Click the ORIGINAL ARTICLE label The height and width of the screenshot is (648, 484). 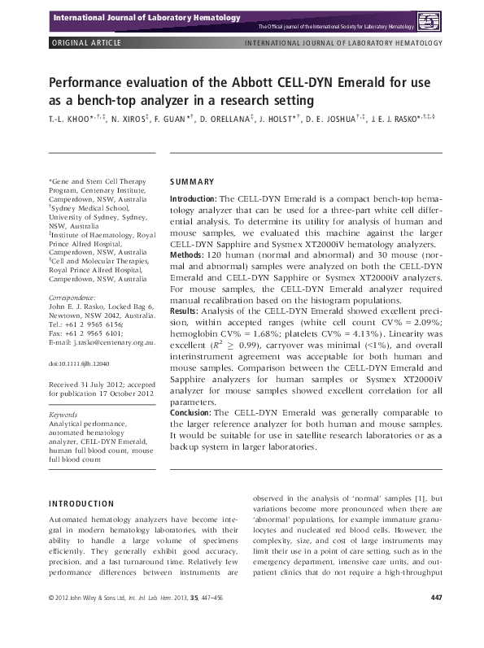pos(85,43)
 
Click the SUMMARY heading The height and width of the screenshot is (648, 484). pos(192,181)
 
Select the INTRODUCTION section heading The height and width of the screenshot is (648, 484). pos(82,503)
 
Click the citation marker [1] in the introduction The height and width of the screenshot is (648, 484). pos(414,498)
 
